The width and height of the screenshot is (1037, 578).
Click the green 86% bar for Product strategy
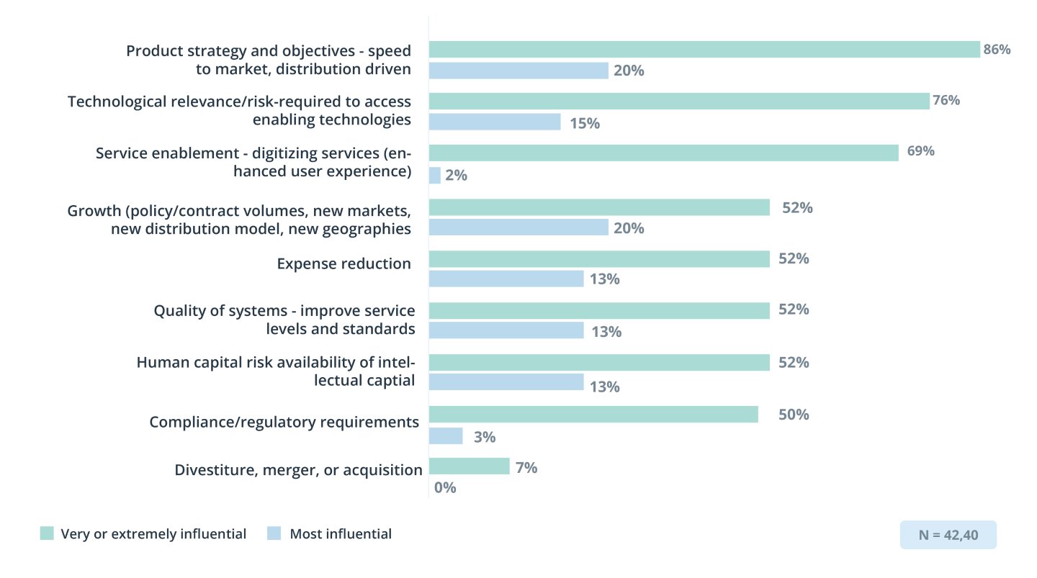(x=704, y=50)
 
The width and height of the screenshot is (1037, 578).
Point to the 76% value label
(x=946, y=100)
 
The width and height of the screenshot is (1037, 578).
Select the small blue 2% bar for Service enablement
(x=435, y=176)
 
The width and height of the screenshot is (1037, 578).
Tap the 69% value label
(x=920, y=151)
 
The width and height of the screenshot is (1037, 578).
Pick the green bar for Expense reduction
(x=599, y=259)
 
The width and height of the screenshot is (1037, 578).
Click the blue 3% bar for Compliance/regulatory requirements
(x=446, y=436)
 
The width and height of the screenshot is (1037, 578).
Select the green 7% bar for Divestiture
(x=469, y=467)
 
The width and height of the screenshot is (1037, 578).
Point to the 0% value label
(x=445, y=487)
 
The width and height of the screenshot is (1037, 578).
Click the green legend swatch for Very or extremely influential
(x=47, y=533)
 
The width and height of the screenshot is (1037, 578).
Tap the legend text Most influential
(x=341, y=534)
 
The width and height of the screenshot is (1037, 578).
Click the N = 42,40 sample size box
(x=948, y=535)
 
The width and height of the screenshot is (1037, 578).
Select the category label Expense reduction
(x=344, y=263)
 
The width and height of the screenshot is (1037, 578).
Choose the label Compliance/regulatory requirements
(x=284, y=422)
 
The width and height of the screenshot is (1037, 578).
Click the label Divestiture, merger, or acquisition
(x=298, y=470)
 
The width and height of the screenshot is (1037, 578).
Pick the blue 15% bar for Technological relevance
(x=495, y=122)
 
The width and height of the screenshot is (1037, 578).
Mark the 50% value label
(x=794, y=415)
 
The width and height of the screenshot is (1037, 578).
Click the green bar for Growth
(x=599, y=208)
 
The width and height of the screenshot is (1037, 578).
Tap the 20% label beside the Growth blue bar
(x=629, y=228)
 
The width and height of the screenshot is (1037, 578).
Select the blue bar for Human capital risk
(x=506, y=382)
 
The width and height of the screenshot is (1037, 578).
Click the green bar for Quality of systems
(x=599, y=310)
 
